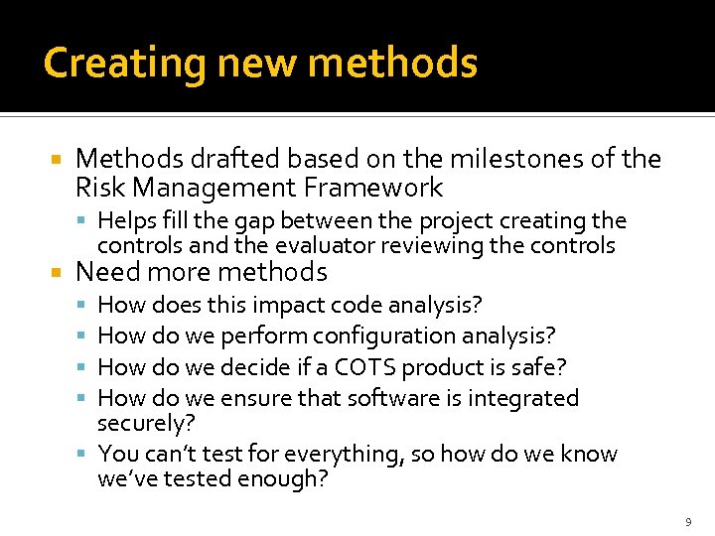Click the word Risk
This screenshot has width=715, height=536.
coord(98,188)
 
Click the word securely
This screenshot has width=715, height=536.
coord(145,423)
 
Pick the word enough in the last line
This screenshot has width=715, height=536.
coord(292,479)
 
